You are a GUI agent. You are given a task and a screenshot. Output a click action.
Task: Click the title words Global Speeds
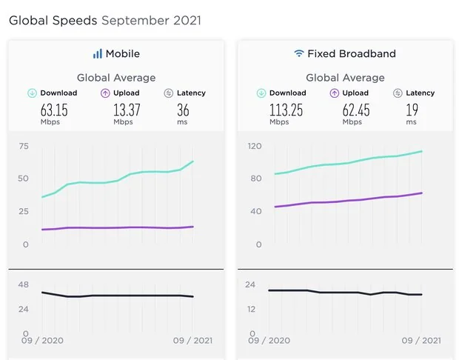click(x=53, y=20)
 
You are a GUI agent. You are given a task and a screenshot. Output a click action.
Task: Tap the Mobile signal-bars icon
click(x=97, y=53)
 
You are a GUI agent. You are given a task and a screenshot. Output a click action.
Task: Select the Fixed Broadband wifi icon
click(x=298, y=53)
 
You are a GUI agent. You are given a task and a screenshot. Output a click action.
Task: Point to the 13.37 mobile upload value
click(x=123, y=110)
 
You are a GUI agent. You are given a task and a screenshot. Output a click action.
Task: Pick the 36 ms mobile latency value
click(x=182, y=110)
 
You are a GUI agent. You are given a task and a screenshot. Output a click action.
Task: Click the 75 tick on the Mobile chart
click(x=24, y=146)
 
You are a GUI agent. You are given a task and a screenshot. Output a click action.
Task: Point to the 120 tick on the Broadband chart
click(x=255, y=146)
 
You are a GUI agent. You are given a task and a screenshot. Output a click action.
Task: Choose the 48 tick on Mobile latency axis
click(x=24, y=284)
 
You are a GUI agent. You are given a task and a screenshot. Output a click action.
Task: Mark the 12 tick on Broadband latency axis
click(x=252, y=309)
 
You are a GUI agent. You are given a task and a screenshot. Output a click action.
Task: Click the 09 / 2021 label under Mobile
click(x=192, y=340)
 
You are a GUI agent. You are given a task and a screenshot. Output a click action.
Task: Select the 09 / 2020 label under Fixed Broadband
click(x=269, y=340)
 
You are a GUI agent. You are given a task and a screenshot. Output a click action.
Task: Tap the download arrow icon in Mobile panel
click(x=32, y=93)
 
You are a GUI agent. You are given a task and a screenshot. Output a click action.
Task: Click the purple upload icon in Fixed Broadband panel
click(x=335, y=93)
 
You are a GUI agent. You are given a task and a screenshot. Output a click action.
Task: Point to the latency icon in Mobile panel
click(x=169, y=93)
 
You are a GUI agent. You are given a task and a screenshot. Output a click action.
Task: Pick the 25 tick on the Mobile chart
click(x=24, y=211)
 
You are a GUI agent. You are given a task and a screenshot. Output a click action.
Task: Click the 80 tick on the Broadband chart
click(x=257, y=179)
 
